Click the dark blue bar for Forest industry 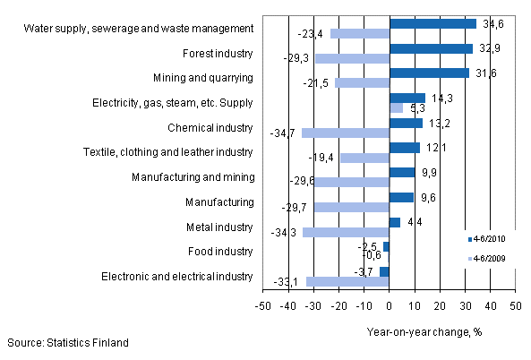pos(431,48)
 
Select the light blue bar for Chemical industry pos(346,133)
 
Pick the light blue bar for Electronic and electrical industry pos(347,281)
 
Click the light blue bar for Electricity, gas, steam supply pos(396,107)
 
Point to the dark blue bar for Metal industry pos(395,222)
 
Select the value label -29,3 pos(299,58)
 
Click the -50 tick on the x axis pos(262,307)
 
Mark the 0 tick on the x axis pos(390,307)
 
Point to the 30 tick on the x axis pos(465,307)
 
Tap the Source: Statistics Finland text pos(67,343)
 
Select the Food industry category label pos(221,253)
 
